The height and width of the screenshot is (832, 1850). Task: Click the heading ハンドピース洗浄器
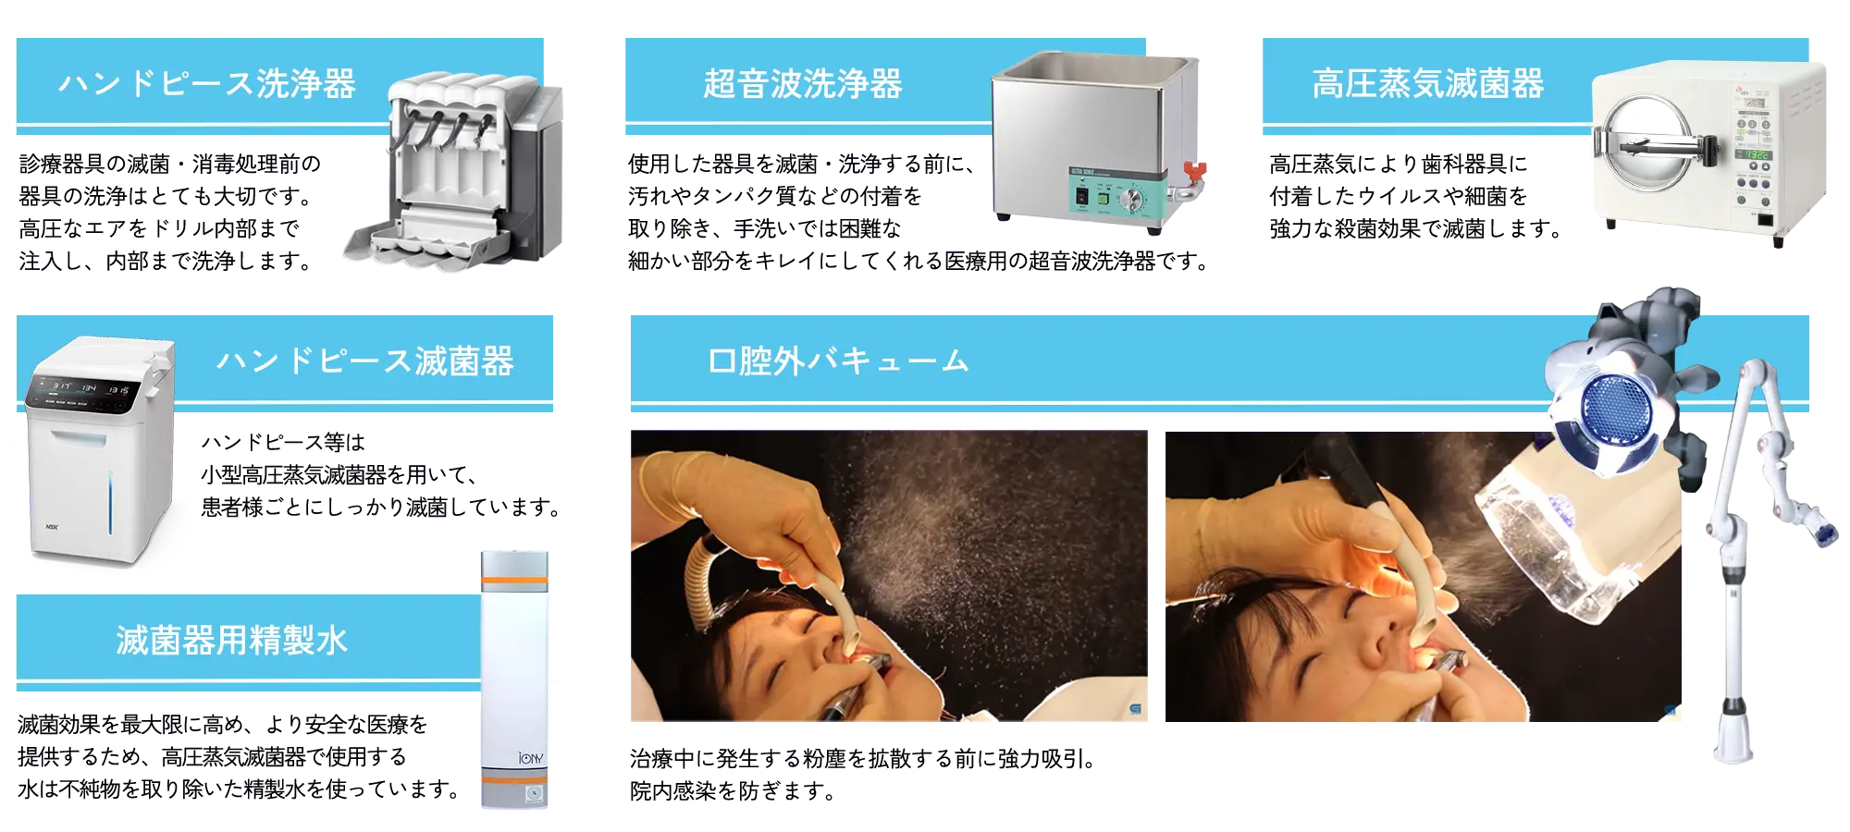click(x=207, y=84)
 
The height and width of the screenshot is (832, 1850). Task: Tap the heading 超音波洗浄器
click(x=803, y=84)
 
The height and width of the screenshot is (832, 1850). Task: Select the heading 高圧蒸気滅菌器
click(x=1428, y=84)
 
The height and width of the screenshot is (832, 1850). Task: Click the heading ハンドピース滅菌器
click(x=365, y=361)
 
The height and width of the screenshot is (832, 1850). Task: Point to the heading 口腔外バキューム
click(x=838, y=361)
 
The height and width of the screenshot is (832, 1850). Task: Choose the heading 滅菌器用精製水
click(x=232, y=640)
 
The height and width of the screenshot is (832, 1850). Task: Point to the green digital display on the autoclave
click(x=1752, y=155)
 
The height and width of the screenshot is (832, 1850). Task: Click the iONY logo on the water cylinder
click(x=531, y=758)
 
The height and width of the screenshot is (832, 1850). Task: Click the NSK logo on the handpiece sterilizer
click(x=52, y=527)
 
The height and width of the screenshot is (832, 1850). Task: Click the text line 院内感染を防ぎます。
click(x=733, y=791)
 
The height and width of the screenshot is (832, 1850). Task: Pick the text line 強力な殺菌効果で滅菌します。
click(x=1416, y=228)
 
